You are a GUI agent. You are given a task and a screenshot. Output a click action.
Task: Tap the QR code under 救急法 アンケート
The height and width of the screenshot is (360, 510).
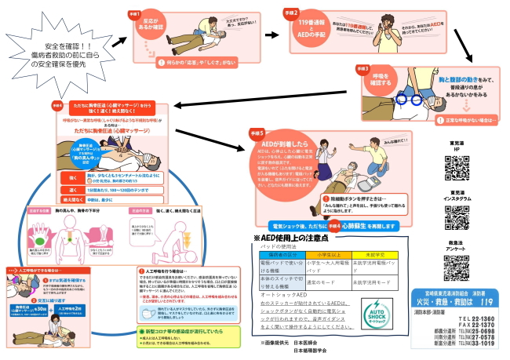(455, 267)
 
